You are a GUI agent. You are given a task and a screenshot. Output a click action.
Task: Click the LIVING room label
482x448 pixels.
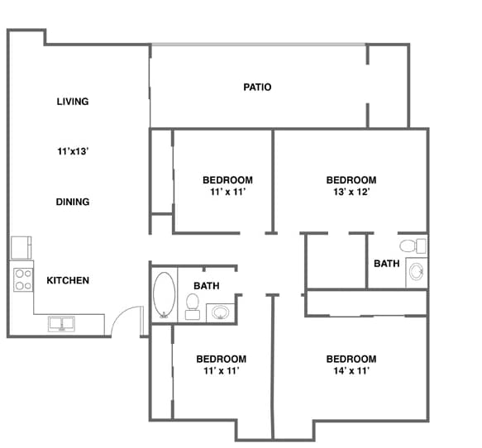pos(73,102)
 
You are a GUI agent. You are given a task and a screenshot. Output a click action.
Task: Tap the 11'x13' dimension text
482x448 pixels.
pos(73,151)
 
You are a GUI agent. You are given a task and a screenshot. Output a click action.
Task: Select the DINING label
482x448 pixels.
pos(73,202)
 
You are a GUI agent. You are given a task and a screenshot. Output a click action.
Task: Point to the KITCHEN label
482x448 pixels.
pos(68,280)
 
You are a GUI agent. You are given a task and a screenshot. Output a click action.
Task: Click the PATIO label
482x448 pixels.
pos(258,87)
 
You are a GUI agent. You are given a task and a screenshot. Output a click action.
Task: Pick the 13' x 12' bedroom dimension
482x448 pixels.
pos(351,192)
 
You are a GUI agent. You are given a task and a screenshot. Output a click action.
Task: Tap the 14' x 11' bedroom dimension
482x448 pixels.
pos(351,370)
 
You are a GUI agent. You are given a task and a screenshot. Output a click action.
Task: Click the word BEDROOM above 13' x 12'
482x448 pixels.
pos(351,180)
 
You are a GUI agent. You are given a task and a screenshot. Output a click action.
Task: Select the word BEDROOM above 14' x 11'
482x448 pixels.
pos(351,359)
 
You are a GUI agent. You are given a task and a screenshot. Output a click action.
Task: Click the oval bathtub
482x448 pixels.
pos(164,295)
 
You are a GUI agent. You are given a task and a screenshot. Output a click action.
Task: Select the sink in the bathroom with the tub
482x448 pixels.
pos(220,312)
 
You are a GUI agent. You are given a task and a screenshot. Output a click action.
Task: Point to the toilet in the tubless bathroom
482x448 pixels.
pos(408,245)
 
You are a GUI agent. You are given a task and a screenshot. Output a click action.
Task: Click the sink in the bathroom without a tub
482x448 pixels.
pos(416,274)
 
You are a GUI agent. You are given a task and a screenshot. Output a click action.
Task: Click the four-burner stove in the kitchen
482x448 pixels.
pos(22,279)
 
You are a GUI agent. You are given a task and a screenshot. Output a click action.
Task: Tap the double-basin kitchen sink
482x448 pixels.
pos(62,323)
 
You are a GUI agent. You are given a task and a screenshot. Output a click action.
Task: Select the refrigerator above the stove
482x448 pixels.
pos(21,247)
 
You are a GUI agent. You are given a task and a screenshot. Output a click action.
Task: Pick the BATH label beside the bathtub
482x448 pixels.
pos(207,286)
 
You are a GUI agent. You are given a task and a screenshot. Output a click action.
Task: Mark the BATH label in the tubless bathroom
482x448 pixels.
pos(386,264)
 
